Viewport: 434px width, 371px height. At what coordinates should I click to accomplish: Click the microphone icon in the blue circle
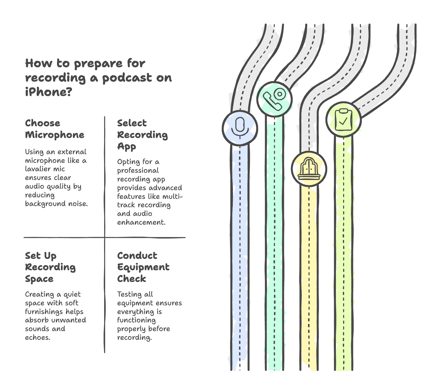tap(240, 128)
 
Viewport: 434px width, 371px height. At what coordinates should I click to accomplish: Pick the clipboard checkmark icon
tap(343, 120)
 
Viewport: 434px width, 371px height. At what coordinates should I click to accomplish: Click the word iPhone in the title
tap(48, 92)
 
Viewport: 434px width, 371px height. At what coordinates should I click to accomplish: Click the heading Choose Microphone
tap(55, 129)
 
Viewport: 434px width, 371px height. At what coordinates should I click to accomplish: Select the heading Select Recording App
tap(142, 135)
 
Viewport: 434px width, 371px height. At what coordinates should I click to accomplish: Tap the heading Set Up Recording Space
tap(50, 267)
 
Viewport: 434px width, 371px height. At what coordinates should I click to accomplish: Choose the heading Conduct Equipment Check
tap(143, 267)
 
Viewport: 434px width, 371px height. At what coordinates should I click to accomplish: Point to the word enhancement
tap(141, 222)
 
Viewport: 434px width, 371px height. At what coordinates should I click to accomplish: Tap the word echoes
tap(37, 337)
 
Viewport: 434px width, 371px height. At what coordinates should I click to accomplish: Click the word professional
tap(138, 171)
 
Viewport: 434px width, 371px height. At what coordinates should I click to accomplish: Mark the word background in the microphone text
tap(43, 204)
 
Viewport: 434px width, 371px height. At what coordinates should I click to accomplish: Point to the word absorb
tap(37, 320)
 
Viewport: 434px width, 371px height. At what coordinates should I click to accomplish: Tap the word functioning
tap(136, 320)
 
